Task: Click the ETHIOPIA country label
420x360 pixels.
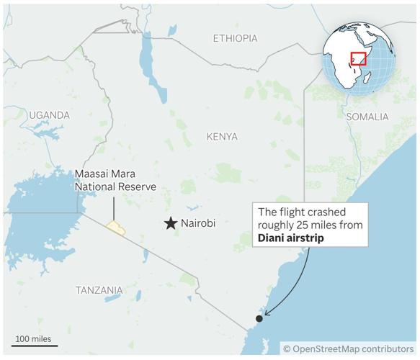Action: pyautogui.click(x=236, y=38)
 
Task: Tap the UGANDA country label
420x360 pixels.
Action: pyautogui.click(x=49, y=115)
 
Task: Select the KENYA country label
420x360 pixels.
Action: pyautogui.click(x=221, y=136)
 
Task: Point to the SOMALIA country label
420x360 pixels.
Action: pyautogui.click(x=367, y=117)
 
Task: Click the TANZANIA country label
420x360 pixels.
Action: pyautogui.click(x=99, y=290)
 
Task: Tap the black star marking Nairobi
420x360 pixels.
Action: pyautogui.click(x=171, y=224)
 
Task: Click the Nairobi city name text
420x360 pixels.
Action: pyautogui.click(x=199, y=224)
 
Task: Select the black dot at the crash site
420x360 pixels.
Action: pyautogui.click(x=259, y=318)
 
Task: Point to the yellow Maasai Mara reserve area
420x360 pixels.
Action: pyautogui.click(x=116, y=228)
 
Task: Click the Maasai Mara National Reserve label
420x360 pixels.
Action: pyautogui.click(x=115, y=181)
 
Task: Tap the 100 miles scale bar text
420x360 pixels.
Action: pyautogui.click(x=34, y=338)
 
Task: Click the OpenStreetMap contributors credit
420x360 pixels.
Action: pyautogui.click(x=348, y=348)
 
